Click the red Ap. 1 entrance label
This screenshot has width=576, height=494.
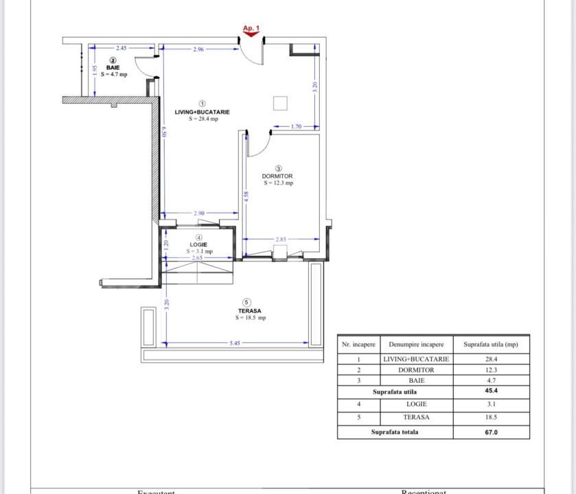pos(251,29)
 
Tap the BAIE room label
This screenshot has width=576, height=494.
pos(113,68)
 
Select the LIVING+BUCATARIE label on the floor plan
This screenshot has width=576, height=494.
pos(202,112)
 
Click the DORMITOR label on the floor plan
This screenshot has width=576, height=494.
pos(277,176)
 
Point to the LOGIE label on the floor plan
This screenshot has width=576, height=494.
pos(199,245)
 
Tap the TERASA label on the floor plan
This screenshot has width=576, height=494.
pos(249,311)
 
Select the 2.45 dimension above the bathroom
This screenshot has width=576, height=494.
pos(121,48)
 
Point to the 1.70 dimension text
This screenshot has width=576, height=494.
pos(296,126)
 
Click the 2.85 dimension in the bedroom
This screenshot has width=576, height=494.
pos(281,239)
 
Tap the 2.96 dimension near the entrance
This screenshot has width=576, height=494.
pos(198,49)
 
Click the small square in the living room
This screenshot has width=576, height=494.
pos(280,103)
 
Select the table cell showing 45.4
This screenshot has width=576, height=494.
pos(491,391)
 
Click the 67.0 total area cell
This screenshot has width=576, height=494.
pos(491,432)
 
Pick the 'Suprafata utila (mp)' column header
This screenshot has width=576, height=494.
pos(491,344)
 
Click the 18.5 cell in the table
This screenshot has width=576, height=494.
pos(491,417)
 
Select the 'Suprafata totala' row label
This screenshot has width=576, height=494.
pos(395,432)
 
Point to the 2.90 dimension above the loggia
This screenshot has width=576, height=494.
pos(199,213)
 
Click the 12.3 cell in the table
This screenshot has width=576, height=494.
pos(491,370)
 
